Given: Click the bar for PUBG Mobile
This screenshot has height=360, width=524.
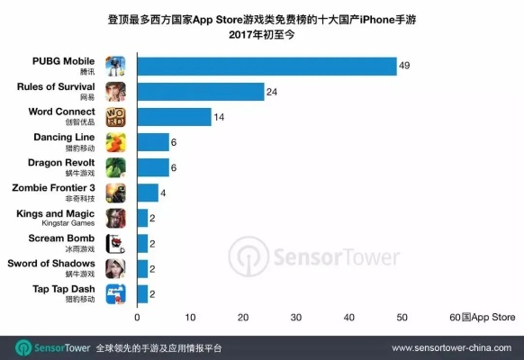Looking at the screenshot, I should [267, 67].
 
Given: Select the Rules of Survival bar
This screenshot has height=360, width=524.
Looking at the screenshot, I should [200, 92].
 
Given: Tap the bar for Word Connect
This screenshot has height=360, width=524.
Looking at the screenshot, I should [174, 117].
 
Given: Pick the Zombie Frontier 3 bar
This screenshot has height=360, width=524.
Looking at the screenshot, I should [148, 193].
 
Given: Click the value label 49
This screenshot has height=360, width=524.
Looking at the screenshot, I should [405, 67].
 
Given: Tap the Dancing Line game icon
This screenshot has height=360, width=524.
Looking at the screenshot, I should [116, 142].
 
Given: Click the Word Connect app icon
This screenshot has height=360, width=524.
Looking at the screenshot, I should [116, 117].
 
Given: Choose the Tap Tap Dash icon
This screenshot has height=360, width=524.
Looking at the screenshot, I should [116, 293].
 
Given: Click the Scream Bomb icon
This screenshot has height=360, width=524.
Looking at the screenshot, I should [116, 243].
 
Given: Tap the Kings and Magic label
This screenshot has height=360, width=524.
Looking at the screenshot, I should [56, 212].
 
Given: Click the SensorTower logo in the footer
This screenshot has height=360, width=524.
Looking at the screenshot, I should [48, 346].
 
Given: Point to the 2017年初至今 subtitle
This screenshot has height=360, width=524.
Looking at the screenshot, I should [262, 34].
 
